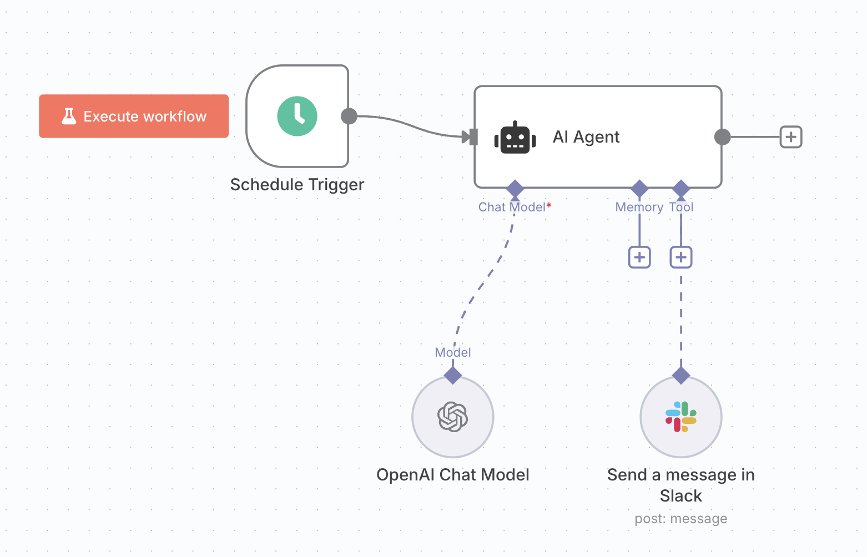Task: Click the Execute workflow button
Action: pyautogui.click(x=134, y=116)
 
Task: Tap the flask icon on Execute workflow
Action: pyautogui.click(x=69, y=116)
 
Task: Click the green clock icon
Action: pyautogui.click(x=297, y=116)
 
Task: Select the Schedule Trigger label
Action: pyautogui.click(x=297, y=185)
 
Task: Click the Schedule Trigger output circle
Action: pyautogui.click(x=349, y=116)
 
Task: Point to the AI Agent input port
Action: pyautogui.click(x=473, y=136)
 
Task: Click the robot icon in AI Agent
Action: pyautogui.click(x=515, y=138)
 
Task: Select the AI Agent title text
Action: pyautogui.click(x=586, y=137)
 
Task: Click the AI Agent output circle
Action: pyautogui.click(x=722, y=136)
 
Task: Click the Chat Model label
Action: pyautogui.click(x=512, y=207)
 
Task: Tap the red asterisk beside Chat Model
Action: pyautogui.click(x=549, y=206)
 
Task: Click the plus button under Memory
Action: pyautogui.click(x=639, y=257)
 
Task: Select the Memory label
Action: pyautogui.click(x=639, y=207)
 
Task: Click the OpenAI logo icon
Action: pyautogui.click(x=453, y=417)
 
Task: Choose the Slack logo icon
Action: pyautogui.click(x=681, y=417)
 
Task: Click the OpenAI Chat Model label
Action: pyautogui.click(x=453, y=475)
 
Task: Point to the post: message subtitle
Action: pyautogui.click(x=681, y=519)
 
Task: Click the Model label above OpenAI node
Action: pyautogui.click(x=453, y=352)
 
